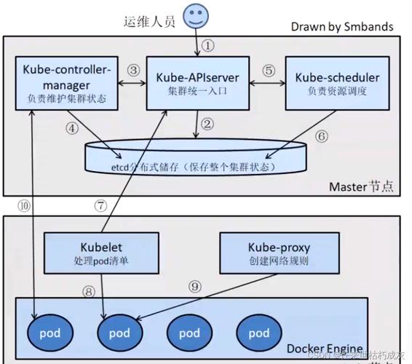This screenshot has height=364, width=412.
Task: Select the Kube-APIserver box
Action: tap(196, 84)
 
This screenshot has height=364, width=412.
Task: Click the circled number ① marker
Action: tap(208, 45)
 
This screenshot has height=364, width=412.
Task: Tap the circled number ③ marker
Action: tap(132, 70)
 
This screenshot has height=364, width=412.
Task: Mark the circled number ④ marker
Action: tap(71, 128)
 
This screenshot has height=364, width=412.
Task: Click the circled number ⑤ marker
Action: tap(269, 71)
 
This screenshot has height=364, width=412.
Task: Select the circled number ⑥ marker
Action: tap(322, 135)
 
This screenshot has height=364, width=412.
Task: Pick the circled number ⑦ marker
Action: tap(100, 205)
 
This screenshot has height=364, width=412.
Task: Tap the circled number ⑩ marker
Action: tap(24, 205)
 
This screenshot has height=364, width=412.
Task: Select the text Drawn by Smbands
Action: tap(341, 26)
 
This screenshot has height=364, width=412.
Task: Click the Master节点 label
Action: tap(361, 186)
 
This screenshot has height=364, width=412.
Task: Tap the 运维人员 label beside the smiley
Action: tap(149, 21)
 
